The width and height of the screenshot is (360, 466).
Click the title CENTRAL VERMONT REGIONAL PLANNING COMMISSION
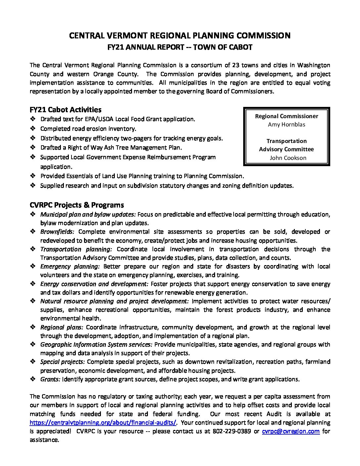click(x=180, y=35)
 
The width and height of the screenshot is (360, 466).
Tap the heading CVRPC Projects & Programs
click(x=77, y=205)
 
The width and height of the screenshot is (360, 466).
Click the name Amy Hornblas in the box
click(x=287, y=124)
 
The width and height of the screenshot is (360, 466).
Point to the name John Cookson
click(x=288, y=158)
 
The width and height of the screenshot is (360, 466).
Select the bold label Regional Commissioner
click(x=287, y=116)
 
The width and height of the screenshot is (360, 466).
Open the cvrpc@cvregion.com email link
click(x=291, y=431)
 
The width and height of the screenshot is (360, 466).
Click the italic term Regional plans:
click(x=62, y=327)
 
